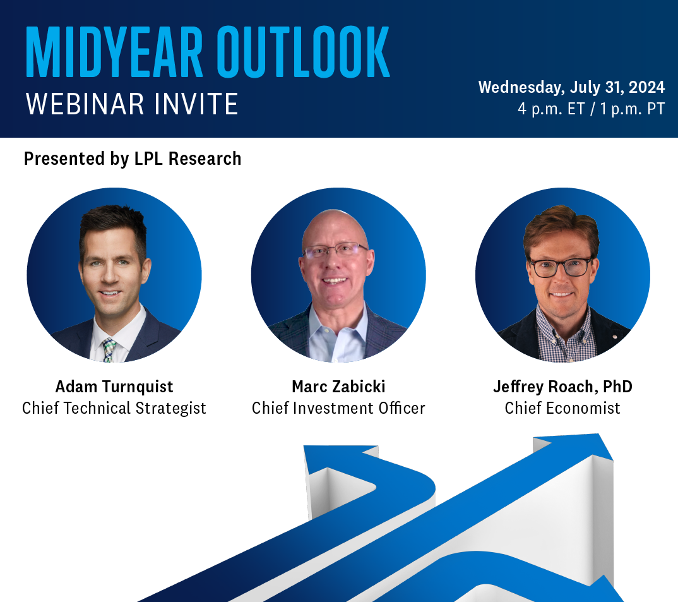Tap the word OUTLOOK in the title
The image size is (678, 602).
click(303, 52)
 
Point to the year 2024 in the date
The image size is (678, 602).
click(646, 87)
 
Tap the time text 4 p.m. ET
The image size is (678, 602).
click(551, 109)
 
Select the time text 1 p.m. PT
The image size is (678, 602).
click(632, 109)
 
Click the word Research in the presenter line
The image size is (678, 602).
click(205, 159)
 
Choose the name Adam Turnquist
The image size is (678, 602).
click(114, 387)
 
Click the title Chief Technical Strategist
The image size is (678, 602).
click(114, 408)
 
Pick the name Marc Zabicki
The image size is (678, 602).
click(338, 387)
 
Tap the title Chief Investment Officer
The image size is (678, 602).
click(338, 408)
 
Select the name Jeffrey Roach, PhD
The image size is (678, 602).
click(562, 387)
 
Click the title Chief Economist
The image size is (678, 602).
click(562, 408)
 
